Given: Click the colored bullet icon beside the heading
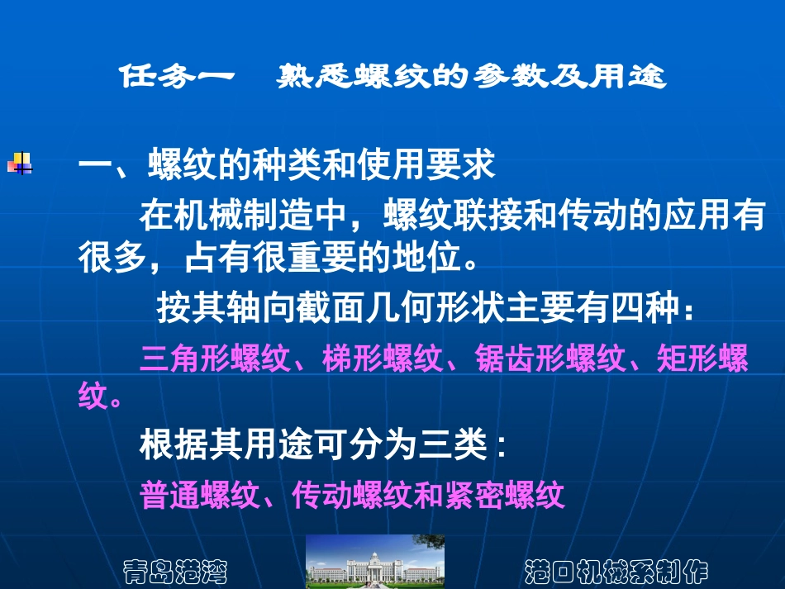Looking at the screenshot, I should [x=20, y=163].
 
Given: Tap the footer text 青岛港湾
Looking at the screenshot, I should [x=175, y=571].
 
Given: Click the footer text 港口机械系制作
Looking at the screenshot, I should [x=616, y=571].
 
